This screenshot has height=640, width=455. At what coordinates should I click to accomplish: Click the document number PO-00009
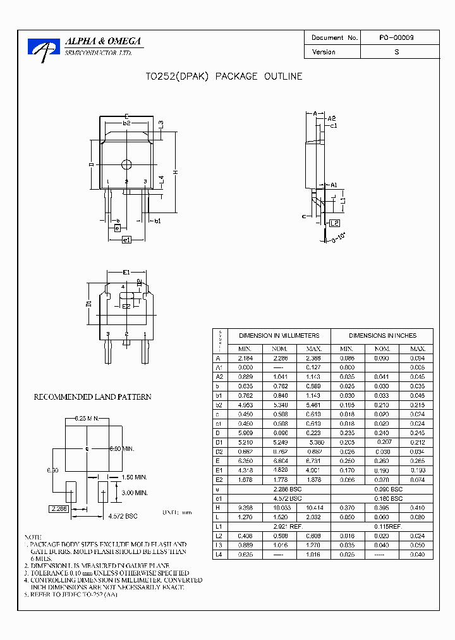pos(396,38)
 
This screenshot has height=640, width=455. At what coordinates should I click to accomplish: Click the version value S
pos(396,52)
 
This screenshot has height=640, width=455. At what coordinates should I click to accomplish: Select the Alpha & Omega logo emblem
pos(44,49)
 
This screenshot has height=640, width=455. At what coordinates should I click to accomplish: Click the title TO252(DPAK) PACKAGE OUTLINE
pos(224,77)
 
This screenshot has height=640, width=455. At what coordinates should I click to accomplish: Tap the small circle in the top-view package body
pos(126,164)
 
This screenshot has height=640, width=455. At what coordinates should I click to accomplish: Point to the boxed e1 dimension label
pos(126,240)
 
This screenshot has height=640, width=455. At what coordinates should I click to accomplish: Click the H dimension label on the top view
pos(176,172)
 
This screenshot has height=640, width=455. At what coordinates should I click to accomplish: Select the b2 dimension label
pos(126,123)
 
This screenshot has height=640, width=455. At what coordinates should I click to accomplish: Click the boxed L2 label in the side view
pos(334,223)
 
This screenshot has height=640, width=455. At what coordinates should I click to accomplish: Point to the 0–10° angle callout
pos(339,237)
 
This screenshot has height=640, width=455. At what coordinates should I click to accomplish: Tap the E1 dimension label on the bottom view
pos(126,272)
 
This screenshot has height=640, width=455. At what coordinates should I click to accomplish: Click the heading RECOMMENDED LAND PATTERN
pos(92,397)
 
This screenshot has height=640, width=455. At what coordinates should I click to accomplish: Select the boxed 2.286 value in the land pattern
pos(59,508)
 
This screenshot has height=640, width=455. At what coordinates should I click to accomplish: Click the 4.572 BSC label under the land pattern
pos(123,517)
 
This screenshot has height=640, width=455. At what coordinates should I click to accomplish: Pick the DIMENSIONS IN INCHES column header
pos(382,336)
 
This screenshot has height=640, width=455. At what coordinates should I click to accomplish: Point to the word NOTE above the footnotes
pos(33,536)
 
